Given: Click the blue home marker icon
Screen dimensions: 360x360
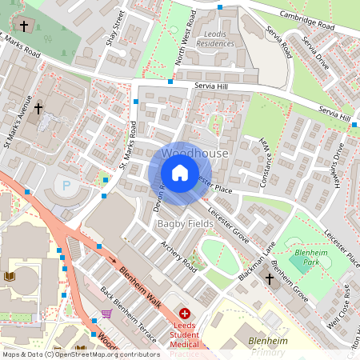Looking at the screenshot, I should click(180, 173).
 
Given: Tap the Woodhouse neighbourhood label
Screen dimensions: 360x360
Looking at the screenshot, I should click(194, 153).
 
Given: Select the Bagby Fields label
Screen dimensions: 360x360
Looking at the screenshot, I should click(185, 223).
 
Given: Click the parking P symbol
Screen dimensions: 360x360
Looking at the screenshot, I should click(66, 185).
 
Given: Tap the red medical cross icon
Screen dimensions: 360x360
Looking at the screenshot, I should click(185, 314).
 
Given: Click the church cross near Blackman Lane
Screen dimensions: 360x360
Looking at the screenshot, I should click(269, 279).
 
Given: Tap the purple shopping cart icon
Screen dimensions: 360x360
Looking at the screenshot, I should click(106, 314).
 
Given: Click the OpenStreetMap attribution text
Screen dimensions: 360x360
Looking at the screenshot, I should click(81, 354).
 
